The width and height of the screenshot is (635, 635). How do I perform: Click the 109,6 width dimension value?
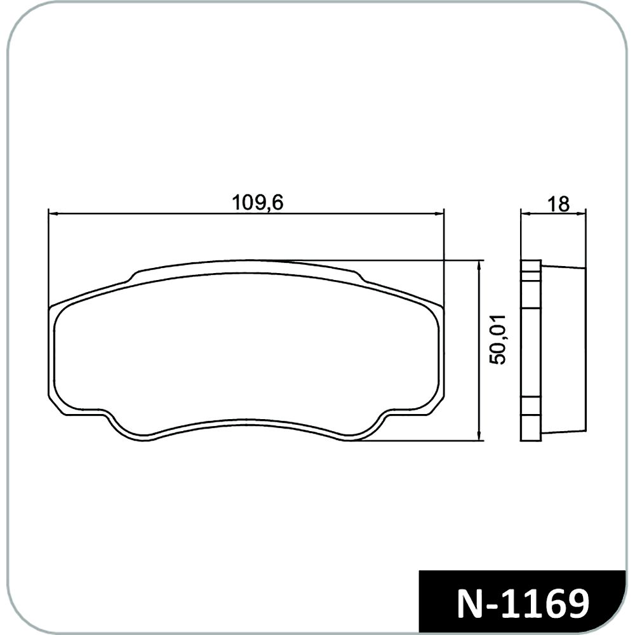[257, 203]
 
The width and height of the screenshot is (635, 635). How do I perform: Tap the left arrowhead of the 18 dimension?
[524, 213]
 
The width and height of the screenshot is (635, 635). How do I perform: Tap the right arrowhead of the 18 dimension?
[582, 213]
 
